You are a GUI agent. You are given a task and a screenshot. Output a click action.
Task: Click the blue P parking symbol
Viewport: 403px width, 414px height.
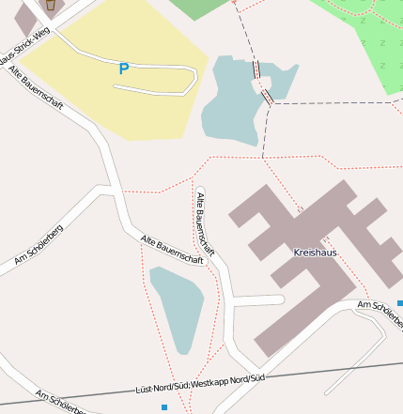(x=123, y=69)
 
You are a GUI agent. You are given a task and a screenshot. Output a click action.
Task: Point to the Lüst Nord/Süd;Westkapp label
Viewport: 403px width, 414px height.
(x=201, y=383)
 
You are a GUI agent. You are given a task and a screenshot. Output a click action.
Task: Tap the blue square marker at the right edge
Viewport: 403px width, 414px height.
(x=400, y=303)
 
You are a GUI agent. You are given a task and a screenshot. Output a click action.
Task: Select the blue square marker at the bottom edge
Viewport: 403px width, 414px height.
(x=163, y=407)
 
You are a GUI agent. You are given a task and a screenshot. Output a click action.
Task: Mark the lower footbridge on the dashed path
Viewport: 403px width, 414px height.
(x=268, y=96)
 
